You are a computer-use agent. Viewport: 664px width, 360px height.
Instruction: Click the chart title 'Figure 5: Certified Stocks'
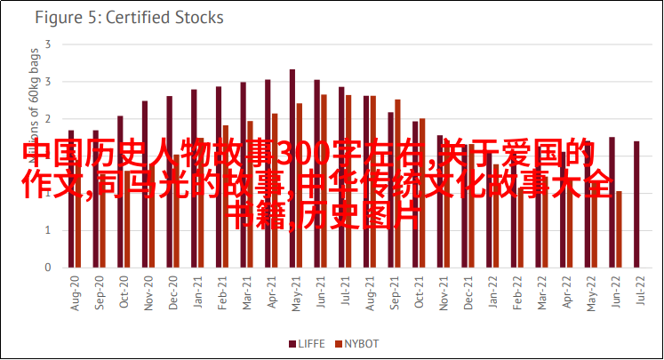point(128,17)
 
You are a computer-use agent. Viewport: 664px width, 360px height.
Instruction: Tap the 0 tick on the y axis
point(46,268)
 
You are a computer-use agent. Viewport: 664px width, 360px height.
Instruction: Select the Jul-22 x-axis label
point(638,290)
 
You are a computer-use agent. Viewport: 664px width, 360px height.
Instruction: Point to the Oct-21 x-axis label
point(417,290)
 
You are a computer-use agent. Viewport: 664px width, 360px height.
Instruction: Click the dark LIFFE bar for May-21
point(292,168)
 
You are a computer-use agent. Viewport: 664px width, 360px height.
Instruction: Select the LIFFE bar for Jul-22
point(636,204)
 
